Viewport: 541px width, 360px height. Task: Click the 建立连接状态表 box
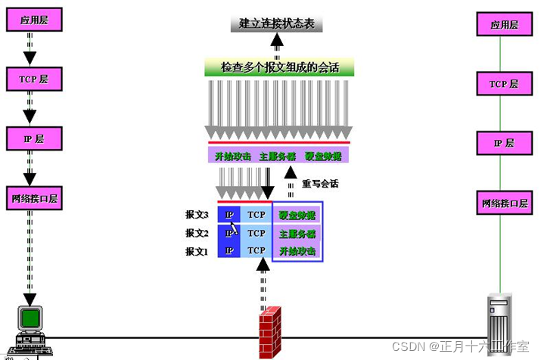point(277,23)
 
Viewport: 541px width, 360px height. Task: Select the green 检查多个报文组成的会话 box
point(279,68)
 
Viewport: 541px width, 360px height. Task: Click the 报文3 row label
point(197,214)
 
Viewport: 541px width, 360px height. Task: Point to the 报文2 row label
point(197,233)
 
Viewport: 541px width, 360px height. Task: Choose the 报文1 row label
point(197,251)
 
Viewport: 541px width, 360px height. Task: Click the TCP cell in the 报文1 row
point(257,251)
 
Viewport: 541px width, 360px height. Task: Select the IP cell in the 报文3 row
point(229,215)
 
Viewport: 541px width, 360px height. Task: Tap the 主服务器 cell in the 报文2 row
point(297,233)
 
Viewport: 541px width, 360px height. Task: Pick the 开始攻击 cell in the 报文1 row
point(297,251)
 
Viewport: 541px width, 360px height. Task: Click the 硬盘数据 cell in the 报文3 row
point(297,215)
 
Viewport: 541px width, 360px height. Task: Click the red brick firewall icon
point(270,332)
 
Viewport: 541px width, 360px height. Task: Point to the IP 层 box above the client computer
point(30,138)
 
